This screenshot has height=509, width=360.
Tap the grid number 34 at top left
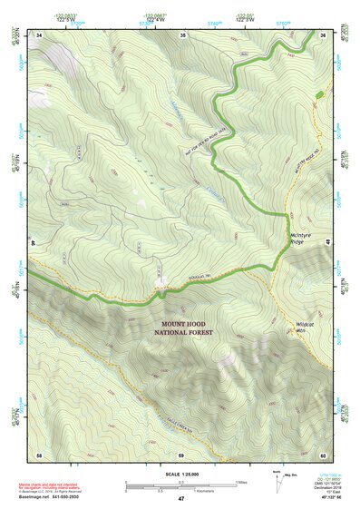(x=39, y=34)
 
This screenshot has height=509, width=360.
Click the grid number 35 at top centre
(x=182, y=34)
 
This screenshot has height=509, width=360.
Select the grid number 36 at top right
(x=323, y=34)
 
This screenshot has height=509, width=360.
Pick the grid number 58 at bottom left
(x=39, y=454)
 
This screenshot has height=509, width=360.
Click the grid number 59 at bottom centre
(x=180, y=454)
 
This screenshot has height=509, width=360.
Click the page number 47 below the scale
(x=180, y=500)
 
